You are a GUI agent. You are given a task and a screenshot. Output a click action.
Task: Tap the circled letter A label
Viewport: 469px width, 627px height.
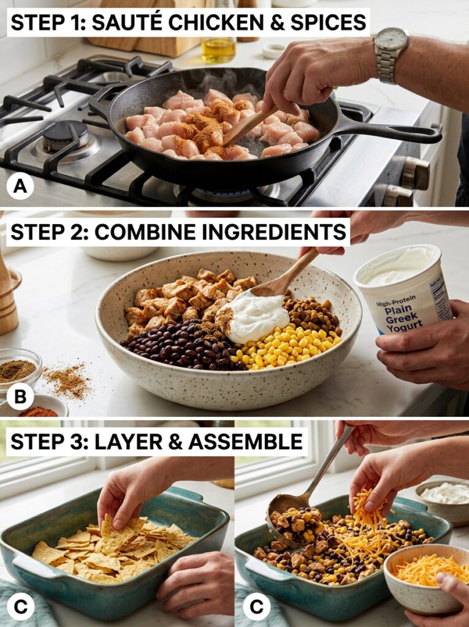20,186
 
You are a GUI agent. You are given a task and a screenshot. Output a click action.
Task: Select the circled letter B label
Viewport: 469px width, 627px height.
20,396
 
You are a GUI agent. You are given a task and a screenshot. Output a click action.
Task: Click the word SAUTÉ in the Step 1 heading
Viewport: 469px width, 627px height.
139,23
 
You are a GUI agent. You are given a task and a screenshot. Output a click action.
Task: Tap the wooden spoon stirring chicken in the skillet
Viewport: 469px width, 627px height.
245,127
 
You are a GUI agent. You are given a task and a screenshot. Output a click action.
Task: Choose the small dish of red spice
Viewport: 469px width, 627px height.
37,411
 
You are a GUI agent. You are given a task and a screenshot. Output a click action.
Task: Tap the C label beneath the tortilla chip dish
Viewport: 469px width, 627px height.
20,606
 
